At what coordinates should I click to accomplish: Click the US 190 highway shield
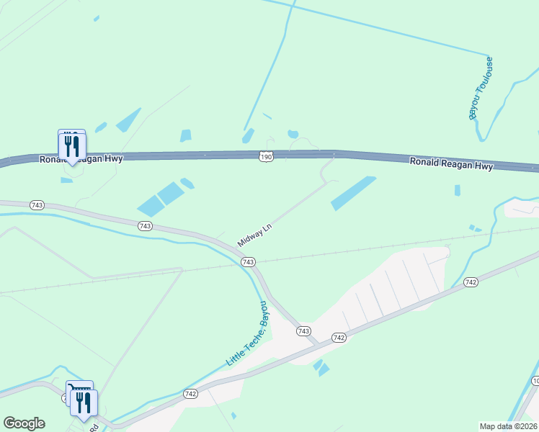click(265, 156)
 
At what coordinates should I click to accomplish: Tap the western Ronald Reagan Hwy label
click(81, 158)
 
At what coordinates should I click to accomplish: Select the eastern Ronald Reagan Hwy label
click(451, 163)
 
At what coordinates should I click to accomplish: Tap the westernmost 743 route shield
click(37, 205)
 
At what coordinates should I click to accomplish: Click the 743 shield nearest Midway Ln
click(248, 261)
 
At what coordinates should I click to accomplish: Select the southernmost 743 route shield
click(304, 330)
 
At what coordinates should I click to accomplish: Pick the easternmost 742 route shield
click(471, 282)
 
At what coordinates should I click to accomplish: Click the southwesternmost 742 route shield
click(190, 393)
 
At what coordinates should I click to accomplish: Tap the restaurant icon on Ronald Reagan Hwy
click(71, 147)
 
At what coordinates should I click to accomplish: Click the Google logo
click(24, 423)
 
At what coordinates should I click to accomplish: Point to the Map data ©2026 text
click(508, 426)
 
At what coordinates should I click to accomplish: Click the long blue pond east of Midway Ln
click(353, 193)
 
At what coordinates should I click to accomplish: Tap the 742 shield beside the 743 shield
click(339, 337)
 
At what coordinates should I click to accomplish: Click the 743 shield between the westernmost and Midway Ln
click(145, 226)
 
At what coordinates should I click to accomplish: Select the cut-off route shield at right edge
click(535, 380)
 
